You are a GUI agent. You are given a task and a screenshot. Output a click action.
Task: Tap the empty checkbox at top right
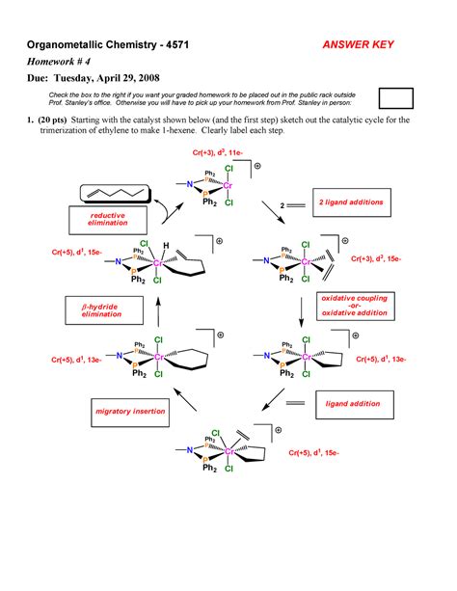point(395,96)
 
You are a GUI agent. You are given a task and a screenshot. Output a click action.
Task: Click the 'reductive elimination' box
point(102,219)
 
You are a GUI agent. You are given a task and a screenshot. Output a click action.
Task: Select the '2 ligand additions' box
point(350,203)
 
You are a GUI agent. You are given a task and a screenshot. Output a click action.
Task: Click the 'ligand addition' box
point(351,404)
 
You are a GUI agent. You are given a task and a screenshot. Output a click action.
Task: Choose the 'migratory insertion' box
point(125,412)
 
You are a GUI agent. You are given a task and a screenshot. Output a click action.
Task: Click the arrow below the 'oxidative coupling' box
point(300,310)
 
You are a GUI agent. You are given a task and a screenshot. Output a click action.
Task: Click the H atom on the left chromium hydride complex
point(167,245)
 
